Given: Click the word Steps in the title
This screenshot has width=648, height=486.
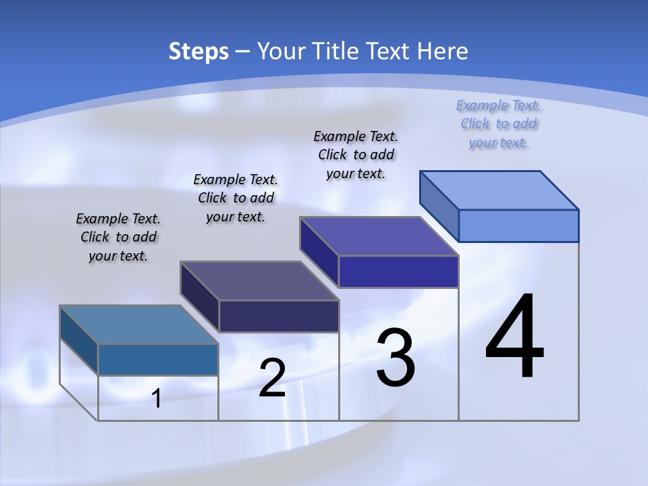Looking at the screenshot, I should pos(198,51).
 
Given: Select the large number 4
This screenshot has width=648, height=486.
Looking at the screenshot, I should pos(514,337).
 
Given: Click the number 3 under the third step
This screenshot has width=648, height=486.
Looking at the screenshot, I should pos(396,358).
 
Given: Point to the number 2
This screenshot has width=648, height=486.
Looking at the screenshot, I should pos(272,378).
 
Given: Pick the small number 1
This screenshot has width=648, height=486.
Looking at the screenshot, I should pos(156,399).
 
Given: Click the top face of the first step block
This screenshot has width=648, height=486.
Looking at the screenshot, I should pos(139,325).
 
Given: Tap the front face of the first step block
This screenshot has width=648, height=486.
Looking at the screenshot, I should pos(158,359).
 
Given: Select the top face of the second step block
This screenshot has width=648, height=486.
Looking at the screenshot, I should pos(259,281).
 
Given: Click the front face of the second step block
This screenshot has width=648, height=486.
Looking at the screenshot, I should pos(278,316).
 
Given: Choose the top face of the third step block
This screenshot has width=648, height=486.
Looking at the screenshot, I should pos(379,236).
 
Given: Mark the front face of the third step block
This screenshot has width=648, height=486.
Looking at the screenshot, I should pos(398,271).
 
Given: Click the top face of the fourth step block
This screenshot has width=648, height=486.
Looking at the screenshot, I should pos(500,190).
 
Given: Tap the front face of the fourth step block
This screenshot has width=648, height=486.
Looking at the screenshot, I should pos(518,225).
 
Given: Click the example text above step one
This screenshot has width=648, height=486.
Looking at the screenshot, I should pos(118,238).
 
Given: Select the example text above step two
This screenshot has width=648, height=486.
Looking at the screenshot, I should pos(236,198).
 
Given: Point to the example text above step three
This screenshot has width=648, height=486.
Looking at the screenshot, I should pos(356,155).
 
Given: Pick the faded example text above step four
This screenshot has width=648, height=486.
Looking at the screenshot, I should pos(499,124).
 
